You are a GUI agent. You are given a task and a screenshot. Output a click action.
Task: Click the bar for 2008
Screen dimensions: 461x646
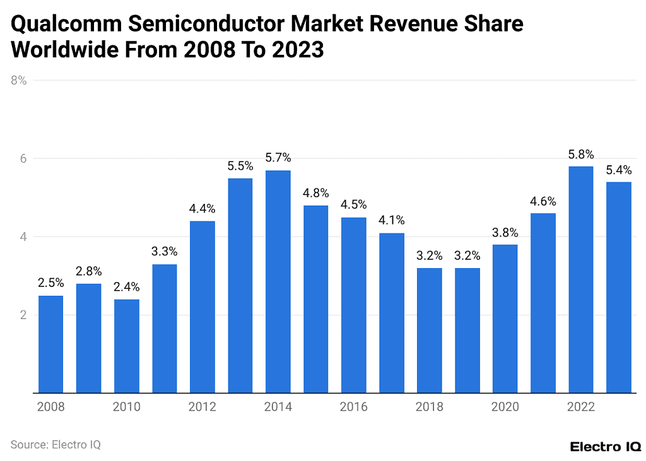[50, 344]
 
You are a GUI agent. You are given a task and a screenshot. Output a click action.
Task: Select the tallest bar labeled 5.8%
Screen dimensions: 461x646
[580, 279]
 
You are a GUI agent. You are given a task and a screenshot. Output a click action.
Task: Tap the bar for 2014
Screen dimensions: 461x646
[278, 281]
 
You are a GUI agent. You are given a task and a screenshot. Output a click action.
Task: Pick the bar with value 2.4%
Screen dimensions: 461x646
[126, 346]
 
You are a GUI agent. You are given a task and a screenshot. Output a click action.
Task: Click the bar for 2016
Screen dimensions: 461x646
[353, 305]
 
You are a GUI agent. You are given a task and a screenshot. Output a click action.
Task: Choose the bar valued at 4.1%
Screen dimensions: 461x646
[391, 313]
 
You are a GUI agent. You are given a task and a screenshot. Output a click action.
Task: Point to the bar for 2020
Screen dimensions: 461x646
[505, 318]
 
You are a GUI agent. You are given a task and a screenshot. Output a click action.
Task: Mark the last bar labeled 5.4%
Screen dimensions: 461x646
[618, 287]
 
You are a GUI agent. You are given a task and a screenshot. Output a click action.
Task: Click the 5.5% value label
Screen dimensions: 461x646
[240, 166]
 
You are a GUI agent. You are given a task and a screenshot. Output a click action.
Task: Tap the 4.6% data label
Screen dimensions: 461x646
[543, 202]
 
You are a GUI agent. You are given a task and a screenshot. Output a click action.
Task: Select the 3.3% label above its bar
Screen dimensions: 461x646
[164, 252]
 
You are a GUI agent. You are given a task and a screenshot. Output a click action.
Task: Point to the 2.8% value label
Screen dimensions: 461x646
[88, 272]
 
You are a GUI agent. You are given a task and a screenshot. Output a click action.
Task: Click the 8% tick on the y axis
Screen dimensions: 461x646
[18, 81]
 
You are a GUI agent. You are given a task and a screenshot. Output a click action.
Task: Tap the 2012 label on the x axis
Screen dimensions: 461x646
[202, 407]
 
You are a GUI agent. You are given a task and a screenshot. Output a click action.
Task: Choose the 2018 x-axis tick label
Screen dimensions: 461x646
[429, 407]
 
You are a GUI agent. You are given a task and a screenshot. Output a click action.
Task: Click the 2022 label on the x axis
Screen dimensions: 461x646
[580, 407]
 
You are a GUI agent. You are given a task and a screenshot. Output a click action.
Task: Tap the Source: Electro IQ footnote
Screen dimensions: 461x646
[56, 445]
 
